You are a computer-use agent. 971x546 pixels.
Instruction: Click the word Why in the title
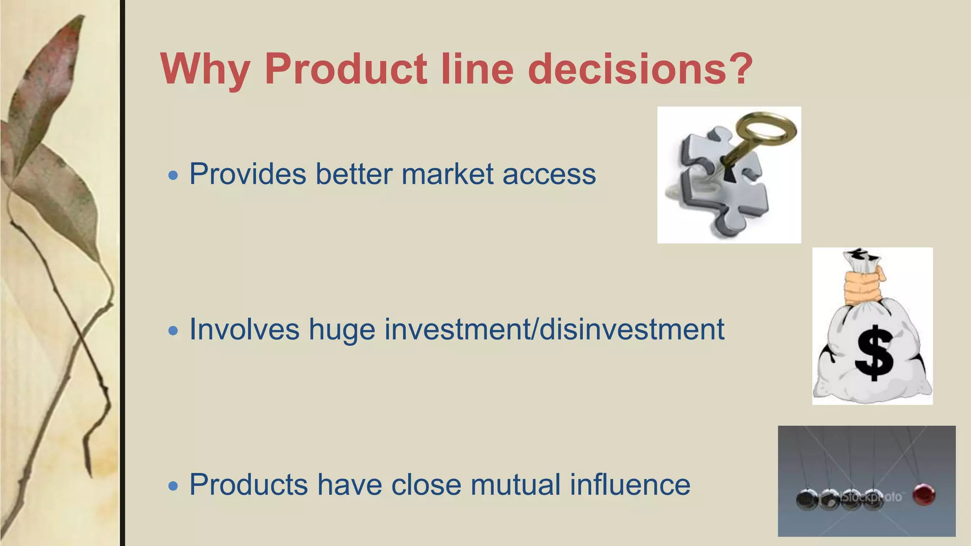point(205,70)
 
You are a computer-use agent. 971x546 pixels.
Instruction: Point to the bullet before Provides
point(174,176)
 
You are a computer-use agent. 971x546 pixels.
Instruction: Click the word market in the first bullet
point(448,174)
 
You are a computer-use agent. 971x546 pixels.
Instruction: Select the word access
point(549,175)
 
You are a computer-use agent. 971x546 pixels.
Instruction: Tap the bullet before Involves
point(174,331)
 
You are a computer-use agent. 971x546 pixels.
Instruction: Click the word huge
point(342,330)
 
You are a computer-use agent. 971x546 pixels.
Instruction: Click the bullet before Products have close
point(174,486)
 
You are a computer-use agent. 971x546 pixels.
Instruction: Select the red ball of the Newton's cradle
point(924,494)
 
